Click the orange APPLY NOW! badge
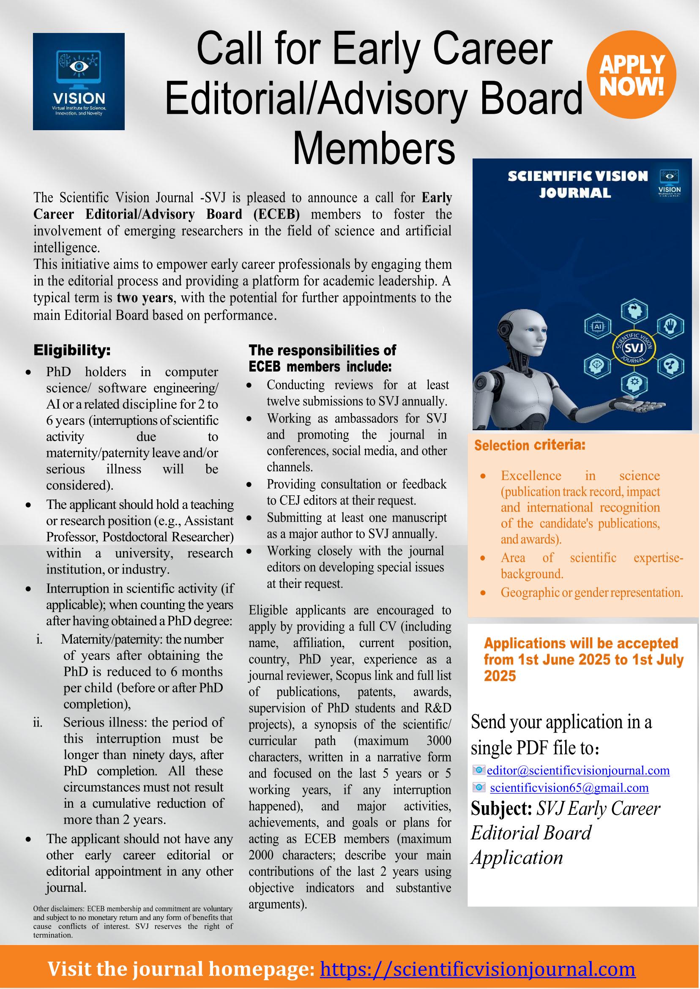pyautogui.click(x=632, y=75)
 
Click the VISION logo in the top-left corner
pyautogui.click(x=79, y=82)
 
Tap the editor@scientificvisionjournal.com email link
pyautogui.click(x=578, y=770)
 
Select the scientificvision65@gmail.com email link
pyautogui.click(x=569, y=787)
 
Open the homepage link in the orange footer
pyautogui.click(x=478, y=969)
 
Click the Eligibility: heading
pyautogui.click(x=72, y=350)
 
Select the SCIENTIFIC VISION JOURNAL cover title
pyautogui.click(x=577, y=184)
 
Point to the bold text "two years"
pyautogui.click(x=145, y=298)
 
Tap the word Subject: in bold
pyautogui.click(x=501, y=809)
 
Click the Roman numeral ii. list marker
pyautogui.click(x=38, y=722)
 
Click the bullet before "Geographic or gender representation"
pyautogui.click(x=483, y=593)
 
